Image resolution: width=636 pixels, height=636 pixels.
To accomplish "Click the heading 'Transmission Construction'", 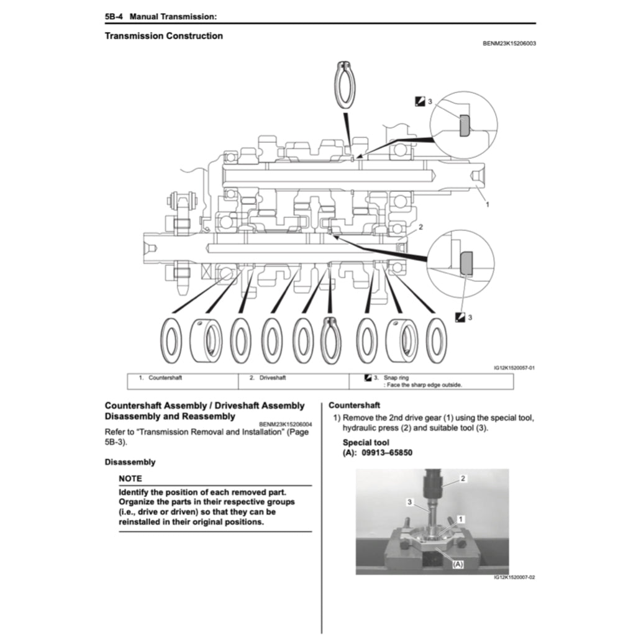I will pos(163,36).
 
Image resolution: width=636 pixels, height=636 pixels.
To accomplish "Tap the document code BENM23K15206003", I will pos(509,44).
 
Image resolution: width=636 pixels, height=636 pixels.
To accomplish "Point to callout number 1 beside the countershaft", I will pos(487,204).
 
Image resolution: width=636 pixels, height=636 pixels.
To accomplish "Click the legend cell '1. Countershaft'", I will pos(160,378).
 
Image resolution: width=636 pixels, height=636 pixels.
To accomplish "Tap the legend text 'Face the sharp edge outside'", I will pos(422,384).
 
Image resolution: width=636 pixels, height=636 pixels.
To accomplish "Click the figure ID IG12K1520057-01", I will pos(514,368).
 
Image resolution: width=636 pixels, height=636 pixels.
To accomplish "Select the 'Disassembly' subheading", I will pos(130,462).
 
